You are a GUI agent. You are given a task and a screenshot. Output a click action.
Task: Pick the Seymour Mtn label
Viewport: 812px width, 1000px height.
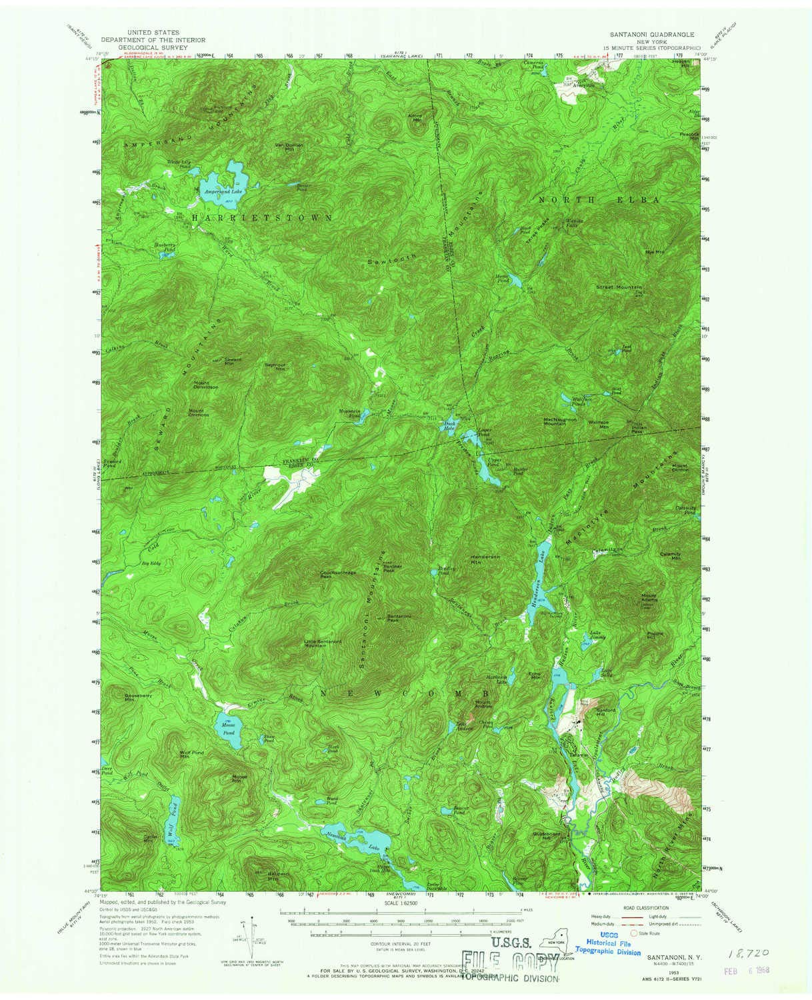pos(275,367)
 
